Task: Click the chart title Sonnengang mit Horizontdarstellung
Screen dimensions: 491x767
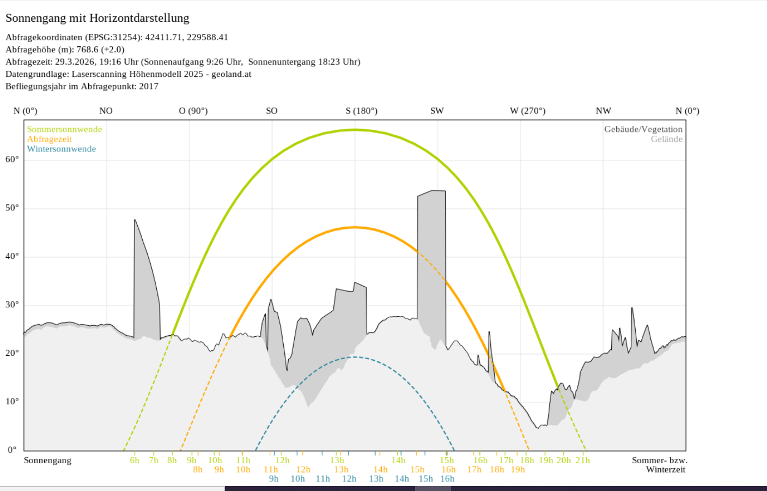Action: pyautogui.click(x=98, y=18)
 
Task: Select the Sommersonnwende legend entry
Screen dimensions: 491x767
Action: pyautogui.click(x=64, y=129)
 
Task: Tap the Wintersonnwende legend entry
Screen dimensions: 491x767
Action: pyautogui.click(x=62, y=149)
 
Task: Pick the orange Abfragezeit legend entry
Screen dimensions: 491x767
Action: pyautogui.click(x=50, y=139)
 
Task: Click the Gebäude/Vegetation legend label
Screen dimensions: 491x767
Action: pyautogui.click(x=643, y=129)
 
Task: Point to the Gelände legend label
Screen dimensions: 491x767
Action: pyautogui.click(x=666, y=139)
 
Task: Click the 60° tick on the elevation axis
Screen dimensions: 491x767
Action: pyautogui.click(x=12, y=159)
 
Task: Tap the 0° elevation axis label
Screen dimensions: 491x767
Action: pyautogui.click(x=12, y=450)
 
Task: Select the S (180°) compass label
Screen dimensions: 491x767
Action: pyautogui.click(x=361, y=111)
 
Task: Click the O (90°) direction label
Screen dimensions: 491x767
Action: pyautogui.click(x=193, y=111)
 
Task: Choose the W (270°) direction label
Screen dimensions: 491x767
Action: pyautogui.click(x=527, y=111)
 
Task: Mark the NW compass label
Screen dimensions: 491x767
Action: pyautogui.click(x=603, y=111)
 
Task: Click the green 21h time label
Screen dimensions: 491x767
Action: pyautogui.click(x=583, y=460)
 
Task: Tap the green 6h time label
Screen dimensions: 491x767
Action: pyautogui.click(x=135, y=460)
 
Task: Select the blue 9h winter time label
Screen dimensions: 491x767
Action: pyautogui.click(x=273, y=479)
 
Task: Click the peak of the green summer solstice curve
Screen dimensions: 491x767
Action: pyautogui.click(x=355, y=130)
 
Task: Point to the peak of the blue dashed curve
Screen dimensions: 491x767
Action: pyautogui.click(x=355, y=357)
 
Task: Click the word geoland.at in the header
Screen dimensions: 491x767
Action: pyautogui.click(x=232, y=74)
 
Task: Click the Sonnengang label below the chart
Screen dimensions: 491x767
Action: pyautogui.click(x=47, y=460)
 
